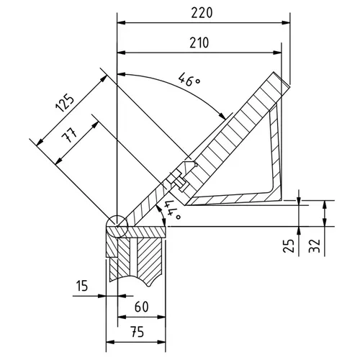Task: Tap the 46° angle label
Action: pos(189,81)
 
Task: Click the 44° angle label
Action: pos(171,210)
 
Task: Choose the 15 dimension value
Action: pos(81,287)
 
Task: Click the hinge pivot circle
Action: pos(115,225)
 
